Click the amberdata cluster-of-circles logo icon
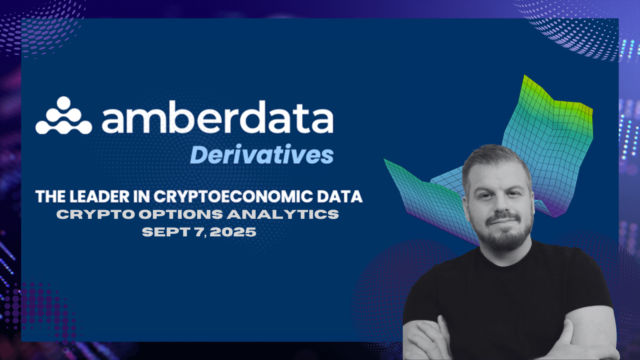64,116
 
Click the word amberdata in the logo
218,117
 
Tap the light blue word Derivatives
262,154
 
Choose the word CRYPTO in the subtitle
96,214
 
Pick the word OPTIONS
181,214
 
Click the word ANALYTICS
283,214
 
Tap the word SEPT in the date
166,232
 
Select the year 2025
233,232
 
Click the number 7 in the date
199,232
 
